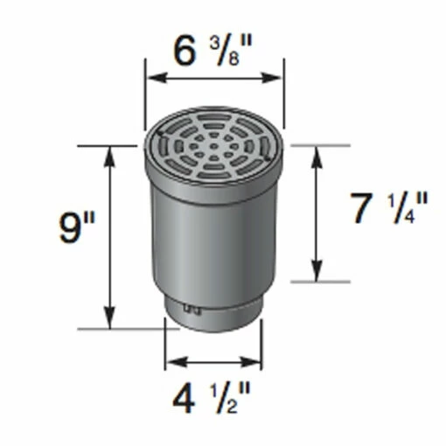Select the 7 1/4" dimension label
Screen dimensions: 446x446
point(389,210)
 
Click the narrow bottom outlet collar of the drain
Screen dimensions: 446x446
point(214,317)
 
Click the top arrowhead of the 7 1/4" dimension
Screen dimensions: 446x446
point(317,150)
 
